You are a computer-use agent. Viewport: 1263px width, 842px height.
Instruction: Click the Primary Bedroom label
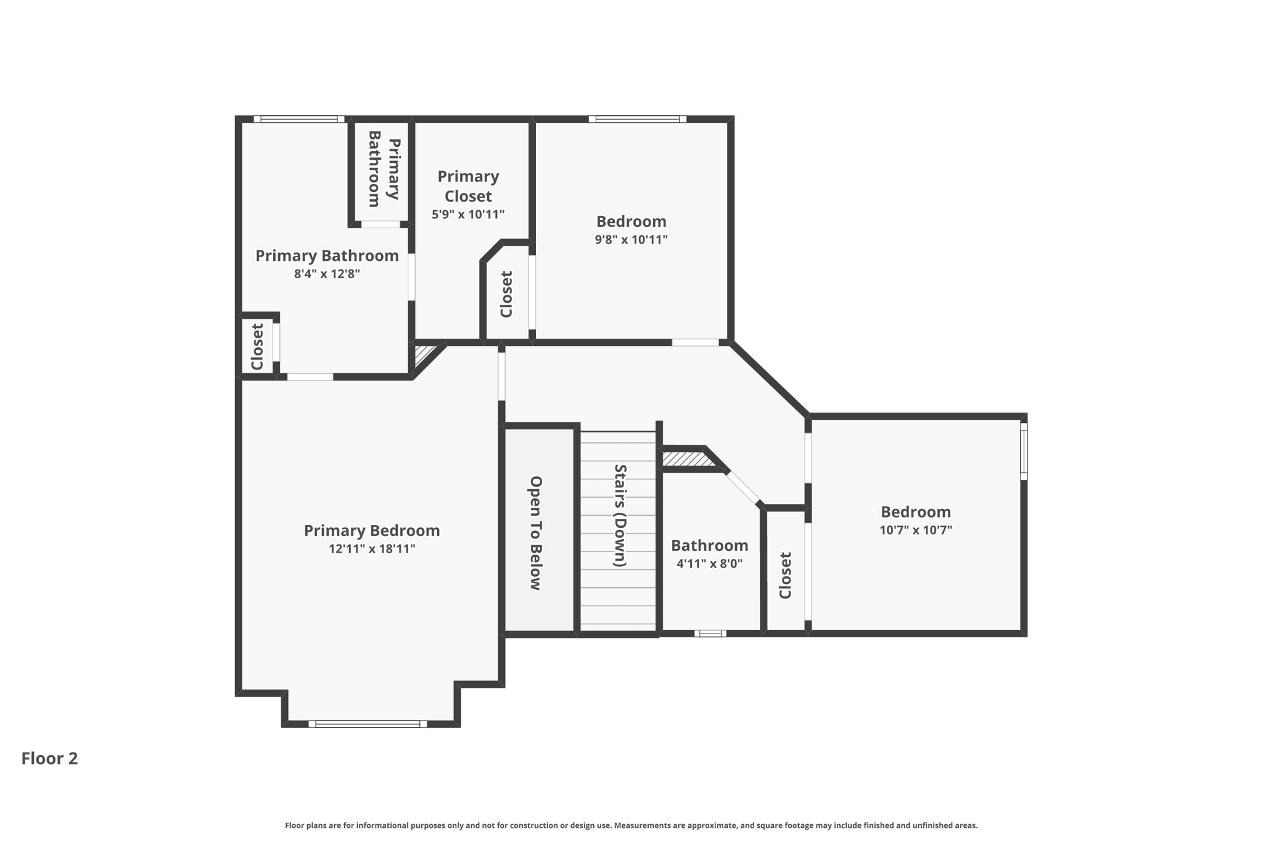[371, 530]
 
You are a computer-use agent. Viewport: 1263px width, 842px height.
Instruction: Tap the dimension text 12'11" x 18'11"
[371, 549]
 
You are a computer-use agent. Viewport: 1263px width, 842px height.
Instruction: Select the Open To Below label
[535, 533]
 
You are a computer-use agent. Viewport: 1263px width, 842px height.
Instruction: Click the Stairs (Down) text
[620, 516]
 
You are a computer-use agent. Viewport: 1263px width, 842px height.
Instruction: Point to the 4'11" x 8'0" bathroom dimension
[709, 563]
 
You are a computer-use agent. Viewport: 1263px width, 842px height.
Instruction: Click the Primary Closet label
[468, 186]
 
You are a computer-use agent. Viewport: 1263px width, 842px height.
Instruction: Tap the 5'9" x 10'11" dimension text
[468, 215]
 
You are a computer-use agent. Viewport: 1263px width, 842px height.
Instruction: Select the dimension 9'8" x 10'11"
[631, 239]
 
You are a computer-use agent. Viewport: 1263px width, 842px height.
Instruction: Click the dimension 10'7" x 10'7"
[916, 530]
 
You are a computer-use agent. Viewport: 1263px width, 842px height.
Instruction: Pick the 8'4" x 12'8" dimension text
[327, 274]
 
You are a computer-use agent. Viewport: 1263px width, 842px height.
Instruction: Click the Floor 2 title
[49, 758]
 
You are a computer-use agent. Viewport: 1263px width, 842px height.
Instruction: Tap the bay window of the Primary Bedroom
[368, 724]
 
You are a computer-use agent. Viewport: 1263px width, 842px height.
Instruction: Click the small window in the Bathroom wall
[710, 633]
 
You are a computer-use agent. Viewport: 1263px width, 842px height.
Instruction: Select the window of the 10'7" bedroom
[1023, 451]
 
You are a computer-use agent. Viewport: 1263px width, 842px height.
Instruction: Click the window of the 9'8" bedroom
[637, 119]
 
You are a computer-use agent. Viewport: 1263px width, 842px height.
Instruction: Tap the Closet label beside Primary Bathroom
[257, 347]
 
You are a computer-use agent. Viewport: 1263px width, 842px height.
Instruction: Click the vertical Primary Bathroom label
[384, 169]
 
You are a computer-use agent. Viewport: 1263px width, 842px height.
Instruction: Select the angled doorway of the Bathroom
[744, 487]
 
